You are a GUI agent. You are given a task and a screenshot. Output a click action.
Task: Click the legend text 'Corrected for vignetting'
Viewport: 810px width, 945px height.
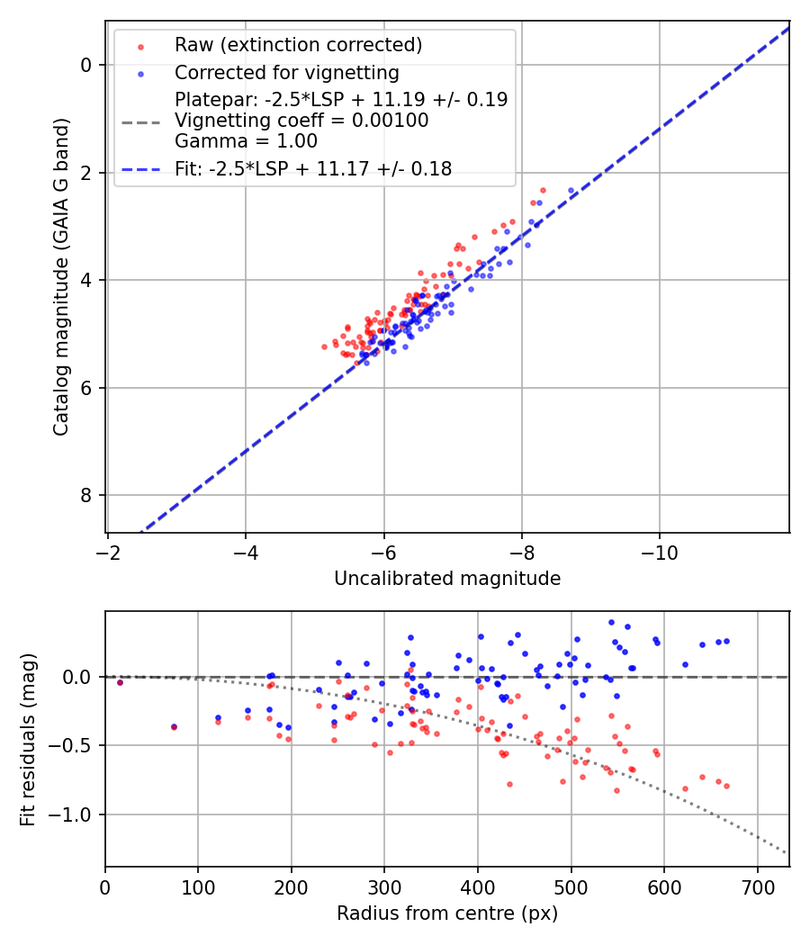(x=286, y=72)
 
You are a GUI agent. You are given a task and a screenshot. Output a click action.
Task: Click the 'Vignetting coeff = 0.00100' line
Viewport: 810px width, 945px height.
(x=301, y=121)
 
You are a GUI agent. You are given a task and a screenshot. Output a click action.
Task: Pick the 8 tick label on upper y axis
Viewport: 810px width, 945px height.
(x=85, y=496)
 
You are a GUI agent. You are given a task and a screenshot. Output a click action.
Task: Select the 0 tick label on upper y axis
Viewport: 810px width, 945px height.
(x=85, y=65)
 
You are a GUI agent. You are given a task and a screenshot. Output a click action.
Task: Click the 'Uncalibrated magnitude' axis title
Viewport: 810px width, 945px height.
(x=447, y=579)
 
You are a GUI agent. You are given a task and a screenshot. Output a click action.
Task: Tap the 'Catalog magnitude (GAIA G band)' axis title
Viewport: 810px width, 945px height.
(x=61, y=281)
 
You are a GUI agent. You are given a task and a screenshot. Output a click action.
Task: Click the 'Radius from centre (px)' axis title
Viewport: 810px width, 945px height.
(x=447, y=913)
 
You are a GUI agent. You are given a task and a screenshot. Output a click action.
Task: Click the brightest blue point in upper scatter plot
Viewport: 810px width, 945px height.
(x=571, y=191)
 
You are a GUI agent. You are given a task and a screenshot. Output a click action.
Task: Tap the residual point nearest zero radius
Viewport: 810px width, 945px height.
(x=120, y=683)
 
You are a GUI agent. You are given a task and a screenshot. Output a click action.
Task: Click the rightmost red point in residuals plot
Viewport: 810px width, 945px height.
(x=726, y=786)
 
